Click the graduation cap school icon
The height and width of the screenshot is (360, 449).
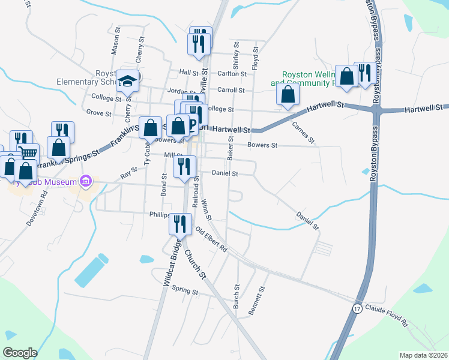coord(128,80)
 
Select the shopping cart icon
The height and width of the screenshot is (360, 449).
coord(27,153)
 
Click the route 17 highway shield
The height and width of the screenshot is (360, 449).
coord(357,308)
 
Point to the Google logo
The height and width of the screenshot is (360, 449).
coord(20,352)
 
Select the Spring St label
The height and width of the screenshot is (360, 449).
coord(185,292)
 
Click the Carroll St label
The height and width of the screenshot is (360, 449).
coord(231,90)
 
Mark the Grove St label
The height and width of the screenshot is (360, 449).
coord(99,113)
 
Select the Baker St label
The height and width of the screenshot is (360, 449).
coord(230,147)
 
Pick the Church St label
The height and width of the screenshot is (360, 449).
coord(195,265)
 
